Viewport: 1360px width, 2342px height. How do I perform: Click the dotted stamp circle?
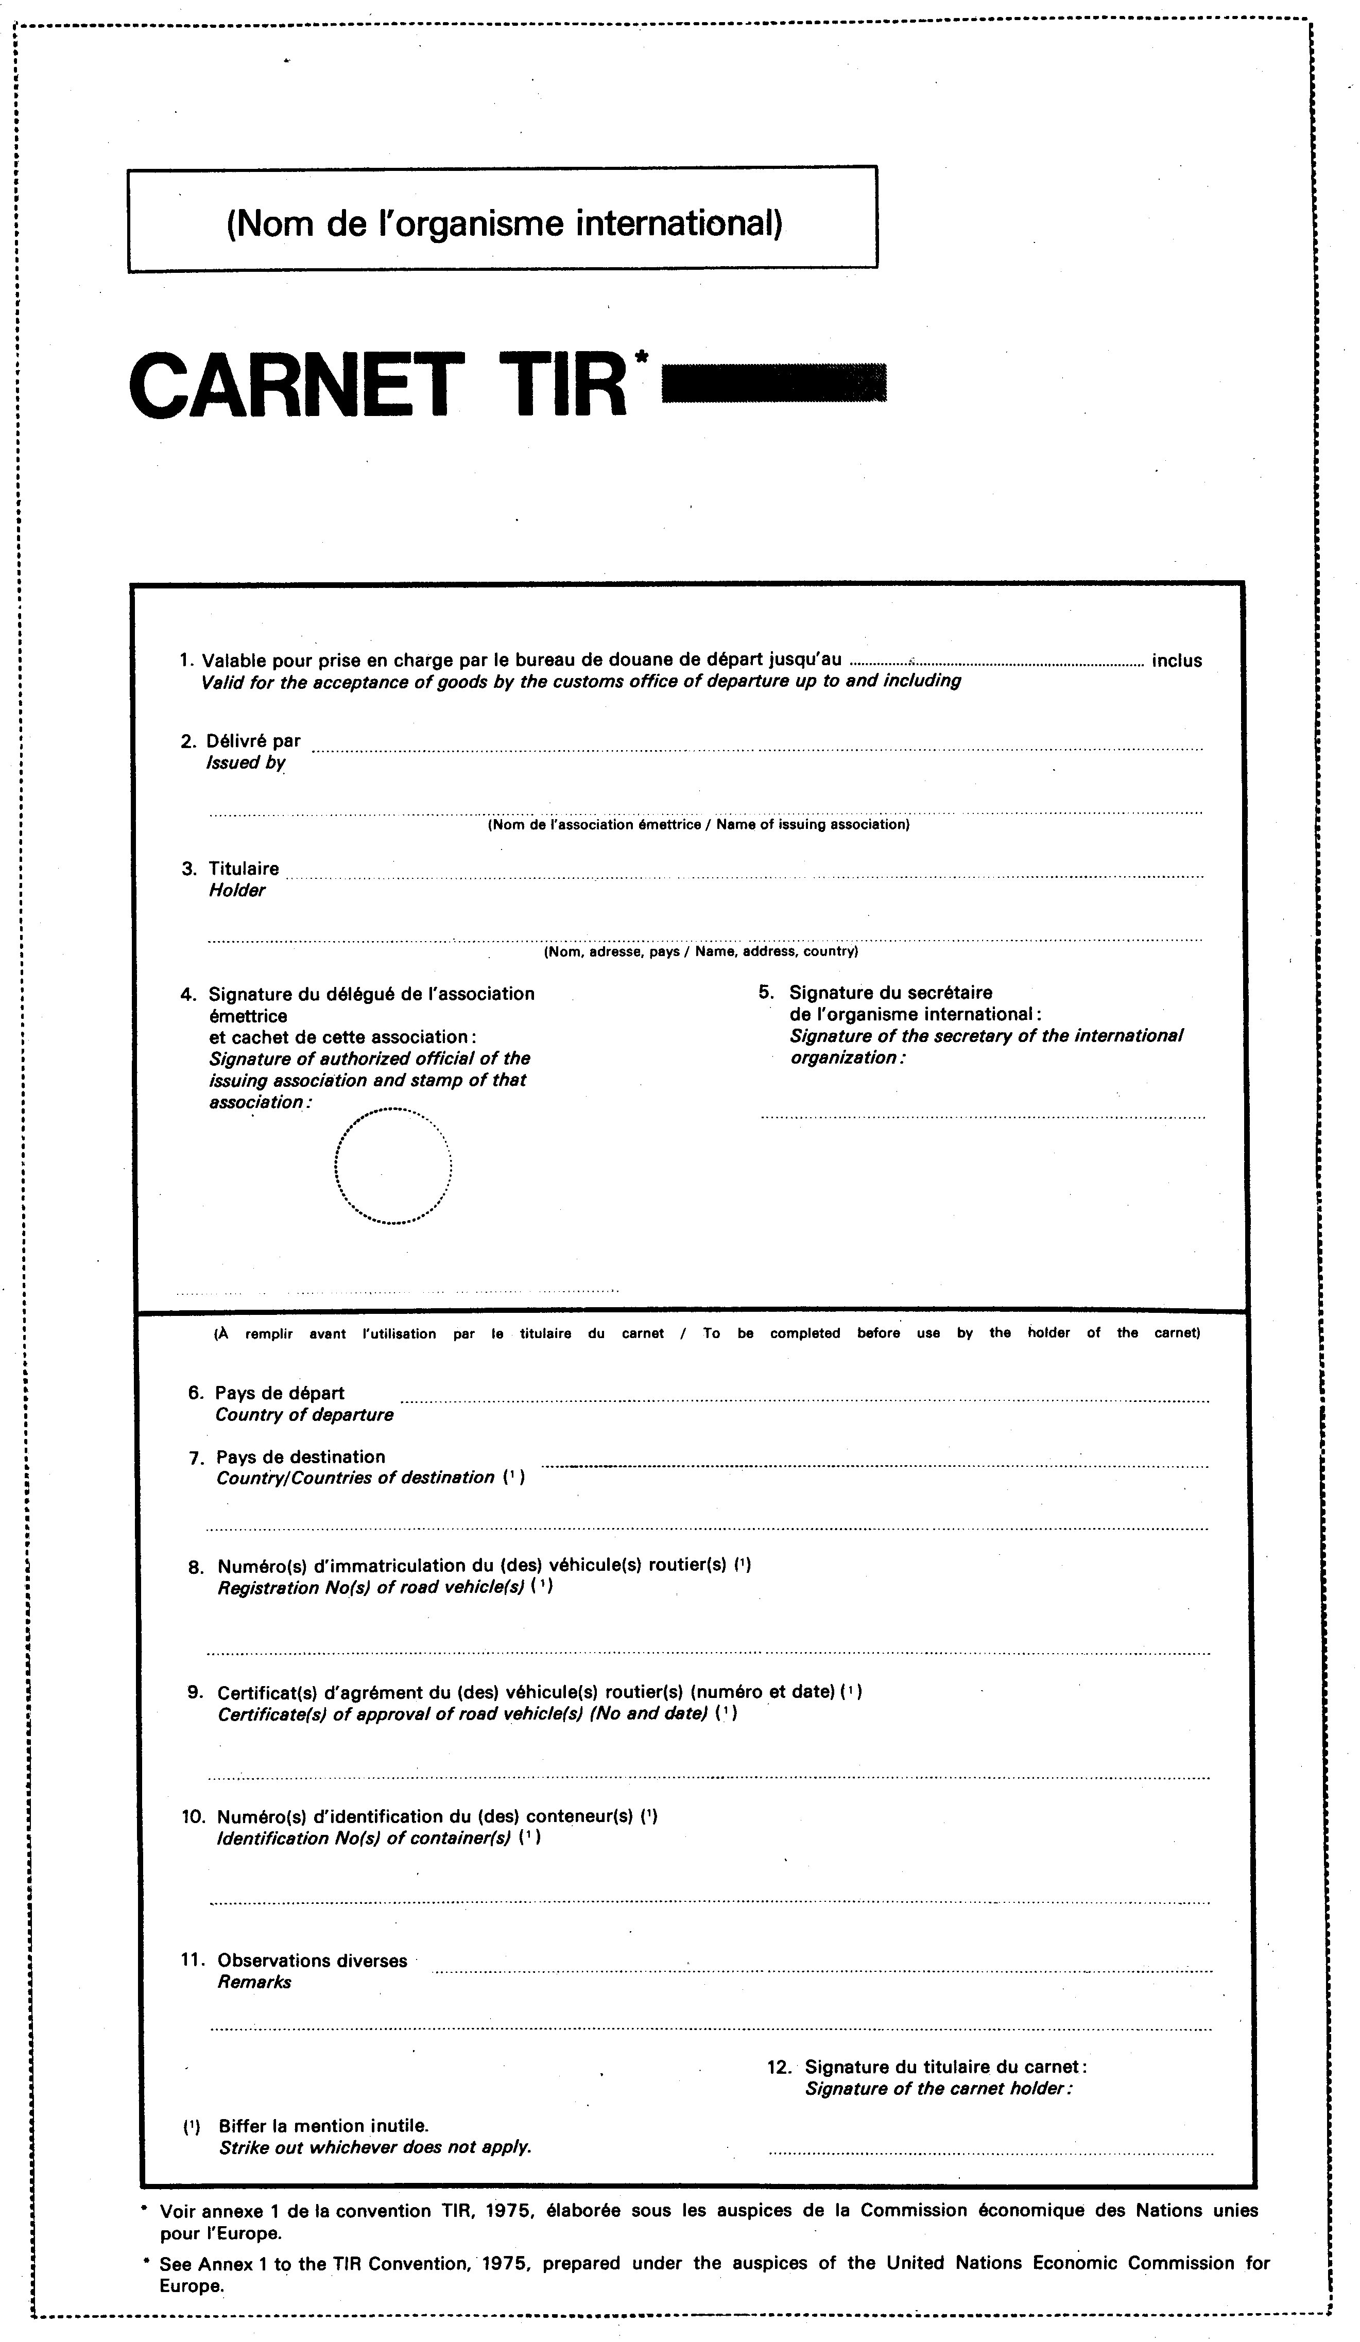(392, 1166)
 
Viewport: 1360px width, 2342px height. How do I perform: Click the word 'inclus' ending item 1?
(1176, 661)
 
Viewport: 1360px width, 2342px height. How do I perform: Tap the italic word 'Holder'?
(237, 890)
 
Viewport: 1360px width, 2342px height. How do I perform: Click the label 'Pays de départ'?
(279, 1393)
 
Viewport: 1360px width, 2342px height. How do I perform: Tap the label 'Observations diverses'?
(313, 1961)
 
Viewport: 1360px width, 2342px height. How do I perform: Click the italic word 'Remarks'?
(254, 1982)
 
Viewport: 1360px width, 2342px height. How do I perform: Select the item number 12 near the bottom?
(778, 2068)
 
